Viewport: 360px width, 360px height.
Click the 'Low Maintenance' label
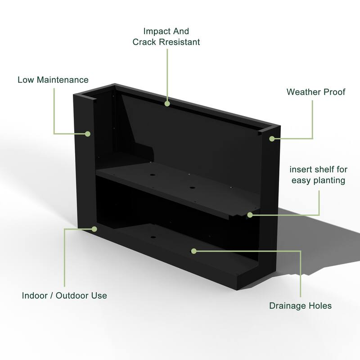click(x=53, y=80)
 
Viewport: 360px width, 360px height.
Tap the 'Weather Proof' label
click(x=316, y=92)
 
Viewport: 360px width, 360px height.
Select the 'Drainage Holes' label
click(x=300, y=306)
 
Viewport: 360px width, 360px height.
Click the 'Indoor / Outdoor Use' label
click(x=64, y=296)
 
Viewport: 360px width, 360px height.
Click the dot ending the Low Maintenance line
click(x=89, y=134)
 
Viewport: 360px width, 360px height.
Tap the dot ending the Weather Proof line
click(x=272, y=139)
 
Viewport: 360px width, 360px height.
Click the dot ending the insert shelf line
click(x=250, y=215)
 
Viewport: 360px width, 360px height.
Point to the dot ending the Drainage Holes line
click(x=194, y=250)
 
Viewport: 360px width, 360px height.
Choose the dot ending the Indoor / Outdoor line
click(x=94, y=229)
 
